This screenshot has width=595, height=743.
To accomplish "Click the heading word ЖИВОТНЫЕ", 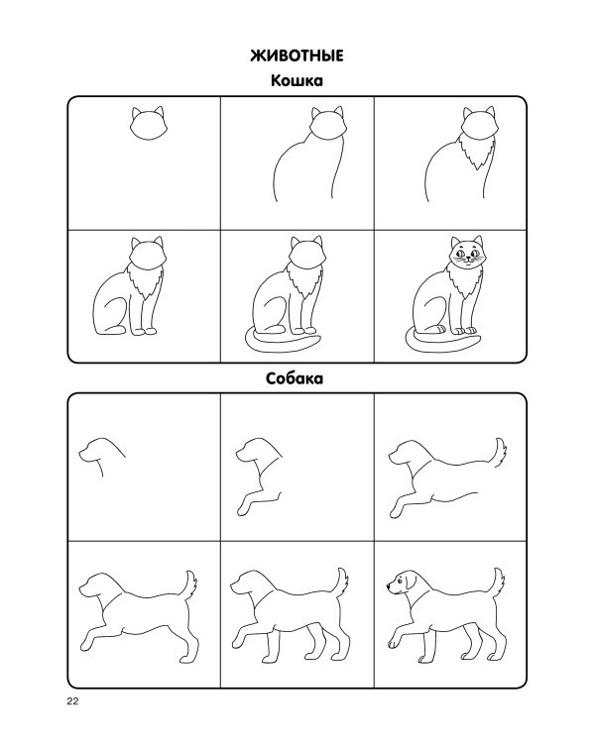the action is pos(297,55).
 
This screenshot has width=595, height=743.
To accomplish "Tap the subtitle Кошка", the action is pos(297,80).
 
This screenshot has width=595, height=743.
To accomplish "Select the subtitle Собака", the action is pos(295,378).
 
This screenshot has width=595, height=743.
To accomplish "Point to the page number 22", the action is pos(72,701).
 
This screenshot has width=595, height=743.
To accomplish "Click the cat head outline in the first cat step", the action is pos(148,123).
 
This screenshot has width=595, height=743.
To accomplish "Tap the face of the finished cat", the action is pos(468,256).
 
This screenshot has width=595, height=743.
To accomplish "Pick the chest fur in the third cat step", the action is pos(478,152).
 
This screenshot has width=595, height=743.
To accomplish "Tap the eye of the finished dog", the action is pos(399,580).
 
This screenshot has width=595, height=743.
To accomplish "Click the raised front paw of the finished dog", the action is pos(393,644).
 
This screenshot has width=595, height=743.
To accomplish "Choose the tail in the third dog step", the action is pos(499,453).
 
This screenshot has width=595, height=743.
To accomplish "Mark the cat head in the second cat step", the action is pos(327,123).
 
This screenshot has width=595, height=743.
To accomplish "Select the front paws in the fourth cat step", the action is pos(144,331).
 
